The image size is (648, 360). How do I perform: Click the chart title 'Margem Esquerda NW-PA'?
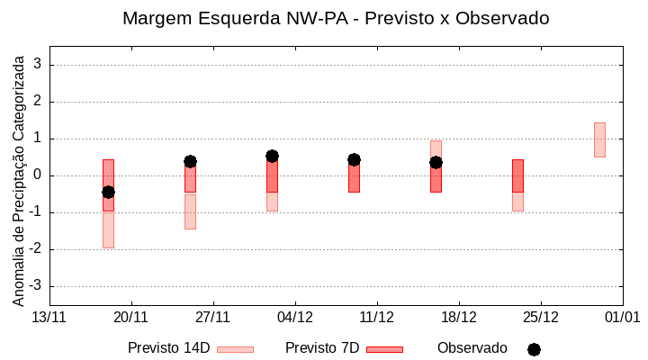tap(335, 18)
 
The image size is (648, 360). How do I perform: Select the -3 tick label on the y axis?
tap(36, 286)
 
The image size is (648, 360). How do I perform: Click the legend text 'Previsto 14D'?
tap(168, 348)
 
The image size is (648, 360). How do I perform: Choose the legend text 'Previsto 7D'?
tap(321, 348)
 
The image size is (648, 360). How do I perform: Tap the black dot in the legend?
tap(534, 349)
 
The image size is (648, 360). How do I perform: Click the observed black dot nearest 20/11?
tap(108, 192)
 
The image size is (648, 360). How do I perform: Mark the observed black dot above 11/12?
tap(354, 159)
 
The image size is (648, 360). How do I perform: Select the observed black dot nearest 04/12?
tap(272, 156)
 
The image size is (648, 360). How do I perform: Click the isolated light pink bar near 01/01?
tap(599, 139)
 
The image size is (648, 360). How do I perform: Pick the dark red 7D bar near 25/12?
tap(517, 175)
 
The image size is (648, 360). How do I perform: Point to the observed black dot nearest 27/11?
tap(190, 161)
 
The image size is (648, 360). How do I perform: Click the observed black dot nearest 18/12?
tap(436, 162)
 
